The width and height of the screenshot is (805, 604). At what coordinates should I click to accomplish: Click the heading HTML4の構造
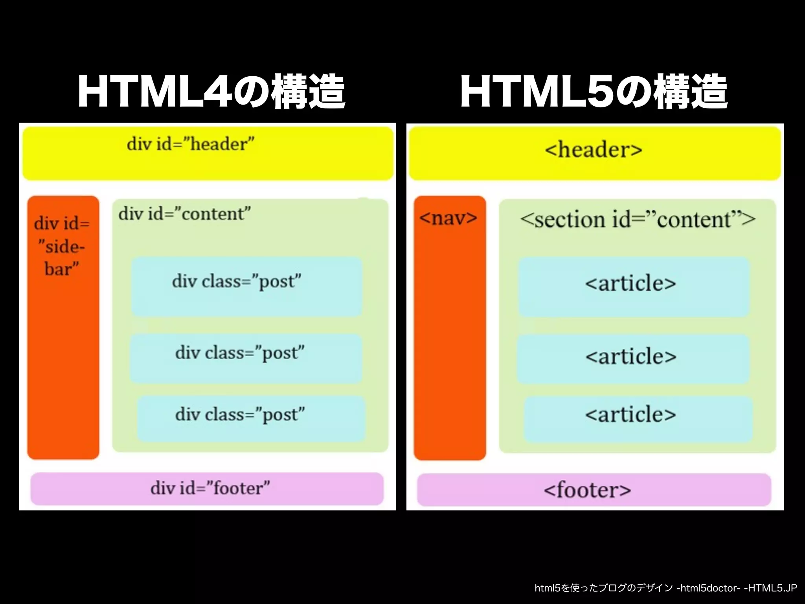coord(211,92)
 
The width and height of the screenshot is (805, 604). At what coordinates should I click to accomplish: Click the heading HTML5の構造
coord(594,92)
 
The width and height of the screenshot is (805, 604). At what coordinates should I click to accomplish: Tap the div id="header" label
coord(191,144)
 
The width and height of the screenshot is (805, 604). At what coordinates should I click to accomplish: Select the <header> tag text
coord(594,150)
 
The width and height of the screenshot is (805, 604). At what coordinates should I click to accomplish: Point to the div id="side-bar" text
coord(62,246)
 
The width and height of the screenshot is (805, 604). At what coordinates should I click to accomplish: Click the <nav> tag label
coord(448,218)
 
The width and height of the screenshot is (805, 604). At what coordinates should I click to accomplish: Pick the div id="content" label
coord(185,214)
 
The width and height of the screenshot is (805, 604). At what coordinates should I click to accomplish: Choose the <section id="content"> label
coord(637,219)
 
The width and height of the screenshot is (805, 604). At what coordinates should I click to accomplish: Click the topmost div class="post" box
coord(246,286)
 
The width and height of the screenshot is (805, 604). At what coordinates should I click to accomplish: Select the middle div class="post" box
coord(246,358)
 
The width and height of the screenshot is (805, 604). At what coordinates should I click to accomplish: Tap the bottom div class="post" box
coord(251,418)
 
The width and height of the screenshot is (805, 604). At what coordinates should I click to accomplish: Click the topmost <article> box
coord(634,286)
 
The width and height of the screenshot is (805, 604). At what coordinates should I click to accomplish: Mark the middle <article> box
coord(633,358)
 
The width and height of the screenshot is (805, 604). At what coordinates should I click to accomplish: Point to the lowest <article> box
coord(638,419)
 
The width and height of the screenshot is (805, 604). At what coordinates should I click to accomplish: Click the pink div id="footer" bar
coord(207,488)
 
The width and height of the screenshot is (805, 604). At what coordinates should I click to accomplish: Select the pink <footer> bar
coord(594,490)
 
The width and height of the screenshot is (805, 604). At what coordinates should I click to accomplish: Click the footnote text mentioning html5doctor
coord(665,588)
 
